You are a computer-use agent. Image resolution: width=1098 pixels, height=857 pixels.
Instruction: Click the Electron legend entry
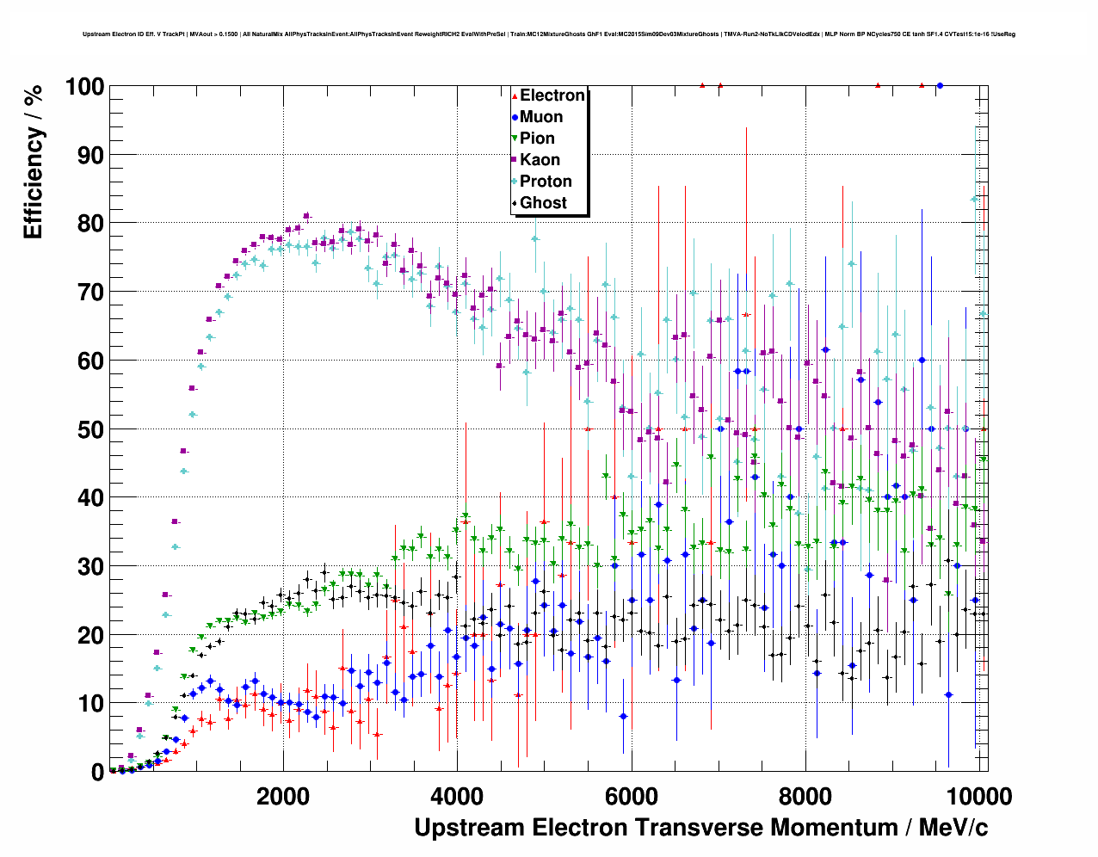coord(552,96)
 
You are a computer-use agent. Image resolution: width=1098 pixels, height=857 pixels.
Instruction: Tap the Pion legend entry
coord(537,139)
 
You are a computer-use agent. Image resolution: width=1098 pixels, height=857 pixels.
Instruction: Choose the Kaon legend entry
coord(540,160)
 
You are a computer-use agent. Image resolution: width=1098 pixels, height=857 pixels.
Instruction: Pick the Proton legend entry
coord(546,182)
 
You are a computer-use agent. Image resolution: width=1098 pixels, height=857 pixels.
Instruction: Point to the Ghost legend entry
coord(543,203)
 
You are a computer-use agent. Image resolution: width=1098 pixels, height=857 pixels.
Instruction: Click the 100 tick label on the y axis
coord(83,87)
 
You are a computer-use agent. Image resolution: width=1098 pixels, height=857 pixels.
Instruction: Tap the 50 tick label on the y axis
coord(90,429)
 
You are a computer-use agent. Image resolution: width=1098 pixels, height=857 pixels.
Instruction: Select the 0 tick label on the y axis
coord(97,772)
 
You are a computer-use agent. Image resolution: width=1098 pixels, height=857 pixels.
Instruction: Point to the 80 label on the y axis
coord(90,224)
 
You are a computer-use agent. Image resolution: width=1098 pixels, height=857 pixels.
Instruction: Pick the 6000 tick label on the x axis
coord(632,796)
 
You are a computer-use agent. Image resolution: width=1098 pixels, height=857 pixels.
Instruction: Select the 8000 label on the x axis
coord(805,796)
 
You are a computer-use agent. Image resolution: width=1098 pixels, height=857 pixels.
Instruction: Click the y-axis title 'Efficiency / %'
coord(33,161)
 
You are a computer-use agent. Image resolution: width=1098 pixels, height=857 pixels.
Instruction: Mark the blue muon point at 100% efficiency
coord(940,86)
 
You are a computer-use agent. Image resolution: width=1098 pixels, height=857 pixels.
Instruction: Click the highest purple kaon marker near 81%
coord(306,216)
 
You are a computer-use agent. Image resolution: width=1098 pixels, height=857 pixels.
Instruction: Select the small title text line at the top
coord(549,34)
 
